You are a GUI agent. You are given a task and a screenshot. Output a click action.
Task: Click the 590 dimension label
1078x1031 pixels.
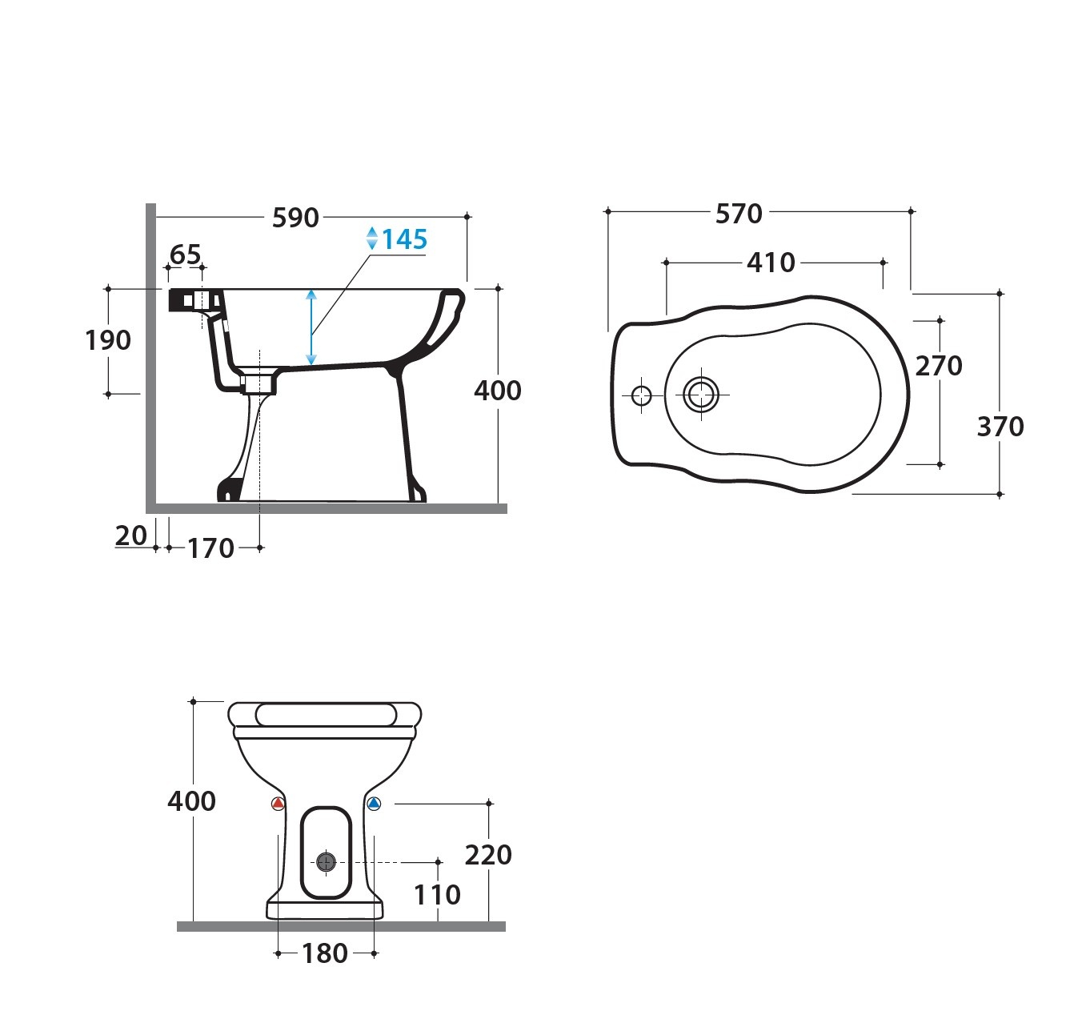pos(295,218)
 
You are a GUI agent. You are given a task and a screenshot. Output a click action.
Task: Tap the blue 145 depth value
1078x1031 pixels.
pos(405,239)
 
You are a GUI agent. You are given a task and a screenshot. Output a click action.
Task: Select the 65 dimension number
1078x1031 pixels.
pos(185,255)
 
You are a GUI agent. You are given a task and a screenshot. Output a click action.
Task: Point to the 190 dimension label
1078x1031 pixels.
pos(108,340)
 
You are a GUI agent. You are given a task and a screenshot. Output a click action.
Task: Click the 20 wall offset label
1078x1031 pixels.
pos(131,536)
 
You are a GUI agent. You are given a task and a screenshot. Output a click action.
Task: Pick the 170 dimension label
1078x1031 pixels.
pos(210,549)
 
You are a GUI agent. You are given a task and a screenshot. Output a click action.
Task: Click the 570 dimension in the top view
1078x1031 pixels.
pos(739,214)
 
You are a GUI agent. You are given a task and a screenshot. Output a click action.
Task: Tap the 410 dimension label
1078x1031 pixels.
pos(771,263)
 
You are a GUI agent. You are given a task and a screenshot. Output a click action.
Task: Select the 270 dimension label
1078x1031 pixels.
pos(939,366)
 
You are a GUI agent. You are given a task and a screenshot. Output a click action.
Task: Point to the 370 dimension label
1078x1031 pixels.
pos(1000,427)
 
